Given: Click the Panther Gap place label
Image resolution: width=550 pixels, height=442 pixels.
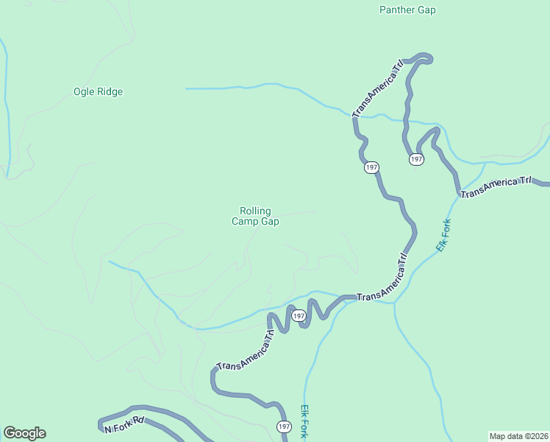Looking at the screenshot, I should pyautogui.click(x=407, y=10).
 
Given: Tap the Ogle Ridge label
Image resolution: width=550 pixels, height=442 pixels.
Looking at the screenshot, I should pyautogui.click(x=98, y=92).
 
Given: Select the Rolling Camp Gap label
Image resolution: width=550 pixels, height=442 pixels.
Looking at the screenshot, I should pyautogui.click(x=255, y=216).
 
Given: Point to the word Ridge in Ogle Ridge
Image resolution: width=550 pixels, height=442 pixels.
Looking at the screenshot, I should pyautogui.click(x=109, y=92).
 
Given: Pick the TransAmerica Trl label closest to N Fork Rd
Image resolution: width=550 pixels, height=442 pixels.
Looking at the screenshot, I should pyautogui.click(x=246, y=350).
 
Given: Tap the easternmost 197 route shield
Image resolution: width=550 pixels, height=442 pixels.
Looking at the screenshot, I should pyautogui.click(x=416, y=159).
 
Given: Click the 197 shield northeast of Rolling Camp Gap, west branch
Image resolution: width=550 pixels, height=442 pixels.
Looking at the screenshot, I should pyautogui.click(x=371, y=168).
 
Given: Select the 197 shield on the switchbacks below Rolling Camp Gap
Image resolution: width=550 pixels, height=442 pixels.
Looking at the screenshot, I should pyautogui.click(x=298, y=316).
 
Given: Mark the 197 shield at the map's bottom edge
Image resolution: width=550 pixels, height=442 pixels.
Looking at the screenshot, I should pyautogui.click(x=285, y=427).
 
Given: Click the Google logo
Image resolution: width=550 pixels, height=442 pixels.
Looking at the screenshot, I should pyautogui.click(x=24, y=433).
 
